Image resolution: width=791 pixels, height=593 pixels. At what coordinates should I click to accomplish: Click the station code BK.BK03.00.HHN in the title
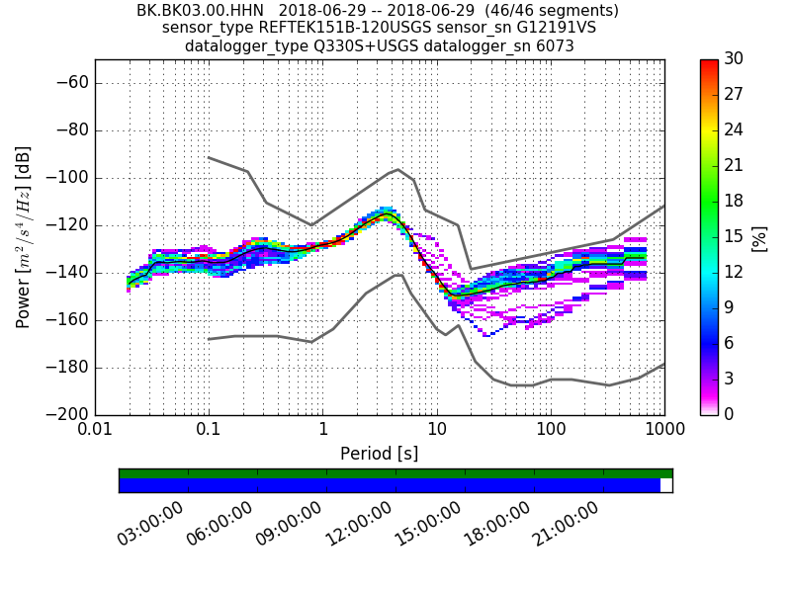tap(200, 11)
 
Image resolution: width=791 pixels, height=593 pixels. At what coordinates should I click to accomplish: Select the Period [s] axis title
tap(380, 454)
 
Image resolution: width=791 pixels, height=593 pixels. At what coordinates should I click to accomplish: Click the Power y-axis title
tap(24, 237)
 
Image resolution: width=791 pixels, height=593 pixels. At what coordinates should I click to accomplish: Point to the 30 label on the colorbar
tap(733, 59)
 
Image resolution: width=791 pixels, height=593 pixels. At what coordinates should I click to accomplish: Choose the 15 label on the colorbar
tap(733, 236)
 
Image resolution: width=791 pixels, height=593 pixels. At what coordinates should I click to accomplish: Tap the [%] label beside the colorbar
tap(759, 237)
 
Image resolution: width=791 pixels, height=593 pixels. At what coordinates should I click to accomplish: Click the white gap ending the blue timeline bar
tap(666, 485)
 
